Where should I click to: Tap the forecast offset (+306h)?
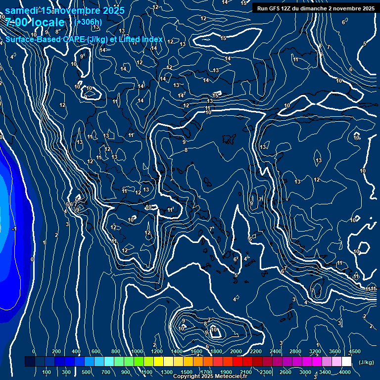(88, 22)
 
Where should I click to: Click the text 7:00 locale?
(35, 22)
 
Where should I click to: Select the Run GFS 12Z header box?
(315, 8)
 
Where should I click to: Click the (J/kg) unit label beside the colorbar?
(366, 362)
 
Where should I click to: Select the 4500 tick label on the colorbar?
(354, 351)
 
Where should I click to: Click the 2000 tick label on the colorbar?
(236, 351)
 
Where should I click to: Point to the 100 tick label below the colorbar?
(47, 372)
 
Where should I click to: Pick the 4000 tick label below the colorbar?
(345, 372)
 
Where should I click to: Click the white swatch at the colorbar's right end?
(346, 362)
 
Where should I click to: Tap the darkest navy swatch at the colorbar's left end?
(30, 362)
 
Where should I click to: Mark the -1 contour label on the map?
(14, 229)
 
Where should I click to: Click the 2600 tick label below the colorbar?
(285, 372)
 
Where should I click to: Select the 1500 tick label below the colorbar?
(187, 372)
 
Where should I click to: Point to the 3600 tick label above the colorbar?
(335, 351)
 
